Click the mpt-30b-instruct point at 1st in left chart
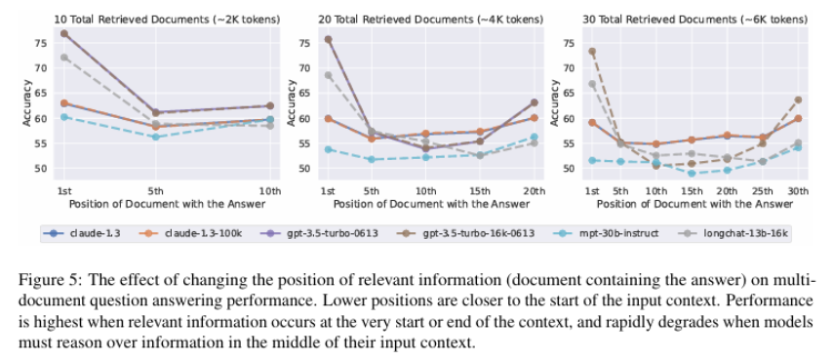[x=64, y=116]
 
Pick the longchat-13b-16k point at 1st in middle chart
[x=329, y=75]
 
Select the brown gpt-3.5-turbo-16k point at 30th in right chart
[x=799, y=100]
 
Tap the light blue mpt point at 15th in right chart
[x=692, y=174]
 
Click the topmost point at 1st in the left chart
[x=64, y=33]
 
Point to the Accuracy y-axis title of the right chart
[x=554, y=106]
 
